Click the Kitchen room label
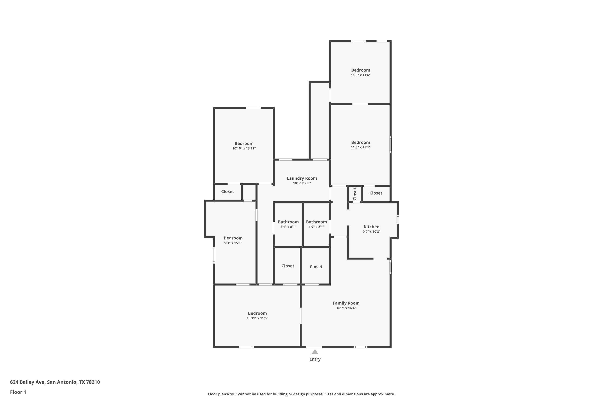coord(371,227)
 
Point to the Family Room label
coord(346,303)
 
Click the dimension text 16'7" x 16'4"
coord(346,308)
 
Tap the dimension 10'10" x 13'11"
coord(244,148)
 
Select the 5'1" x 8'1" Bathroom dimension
coord(288,227)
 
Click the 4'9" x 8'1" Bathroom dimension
coord(316,227)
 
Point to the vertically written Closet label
coord(355,194)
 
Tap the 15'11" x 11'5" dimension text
coord(257,318)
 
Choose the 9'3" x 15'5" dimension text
coord(233,243)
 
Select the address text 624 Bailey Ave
coord(27,382)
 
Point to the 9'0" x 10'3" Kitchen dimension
coord(371,232)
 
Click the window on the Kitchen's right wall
coord(398,220)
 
